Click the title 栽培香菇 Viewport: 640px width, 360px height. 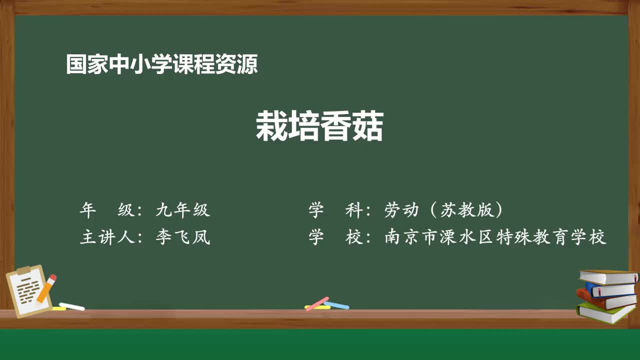pyautogui.click(x=319, y=126)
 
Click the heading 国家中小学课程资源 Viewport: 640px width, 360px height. pyautogui.click(x=162, y=64)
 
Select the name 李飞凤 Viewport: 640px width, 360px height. pyautogui.click(x=182, y=237)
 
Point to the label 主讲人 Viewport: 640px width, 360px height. pyautogui.click(x=106, y=237)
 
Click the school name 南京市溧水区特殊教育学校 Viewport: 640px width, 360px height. pyautogui.click(x=495, y=237)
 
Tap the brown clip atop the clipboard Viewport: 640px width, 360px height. pyautogui.click(x=23, y=270)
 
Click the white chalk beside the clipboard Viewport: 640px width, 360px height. pyautogui.click(x=71, y=306)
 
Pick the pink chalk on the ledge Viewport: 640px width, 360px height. pyautogui.click(x=317, y=303)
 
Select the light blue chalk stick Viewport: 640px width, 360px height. pyautogui.click(x=337, y=304)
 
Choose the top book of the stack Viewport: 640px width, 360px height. pyautogui.click(x=608, y=276)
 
